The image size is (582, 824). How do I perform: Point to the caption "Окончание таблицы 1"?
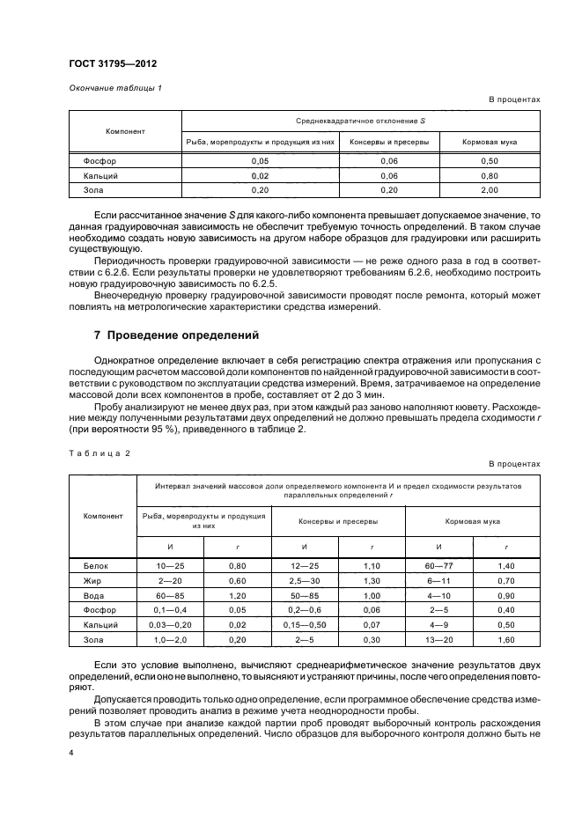coord(109,86)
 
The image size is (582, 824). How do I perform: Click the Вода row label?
coord(93,596)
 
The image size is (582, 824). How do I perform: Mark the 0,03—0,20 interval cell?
coord(171,624)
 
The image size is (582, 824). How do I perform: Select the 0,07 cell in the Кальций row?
coord(371,624)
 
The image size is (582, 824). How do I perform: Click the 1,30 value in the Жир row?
coord(371,582)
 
